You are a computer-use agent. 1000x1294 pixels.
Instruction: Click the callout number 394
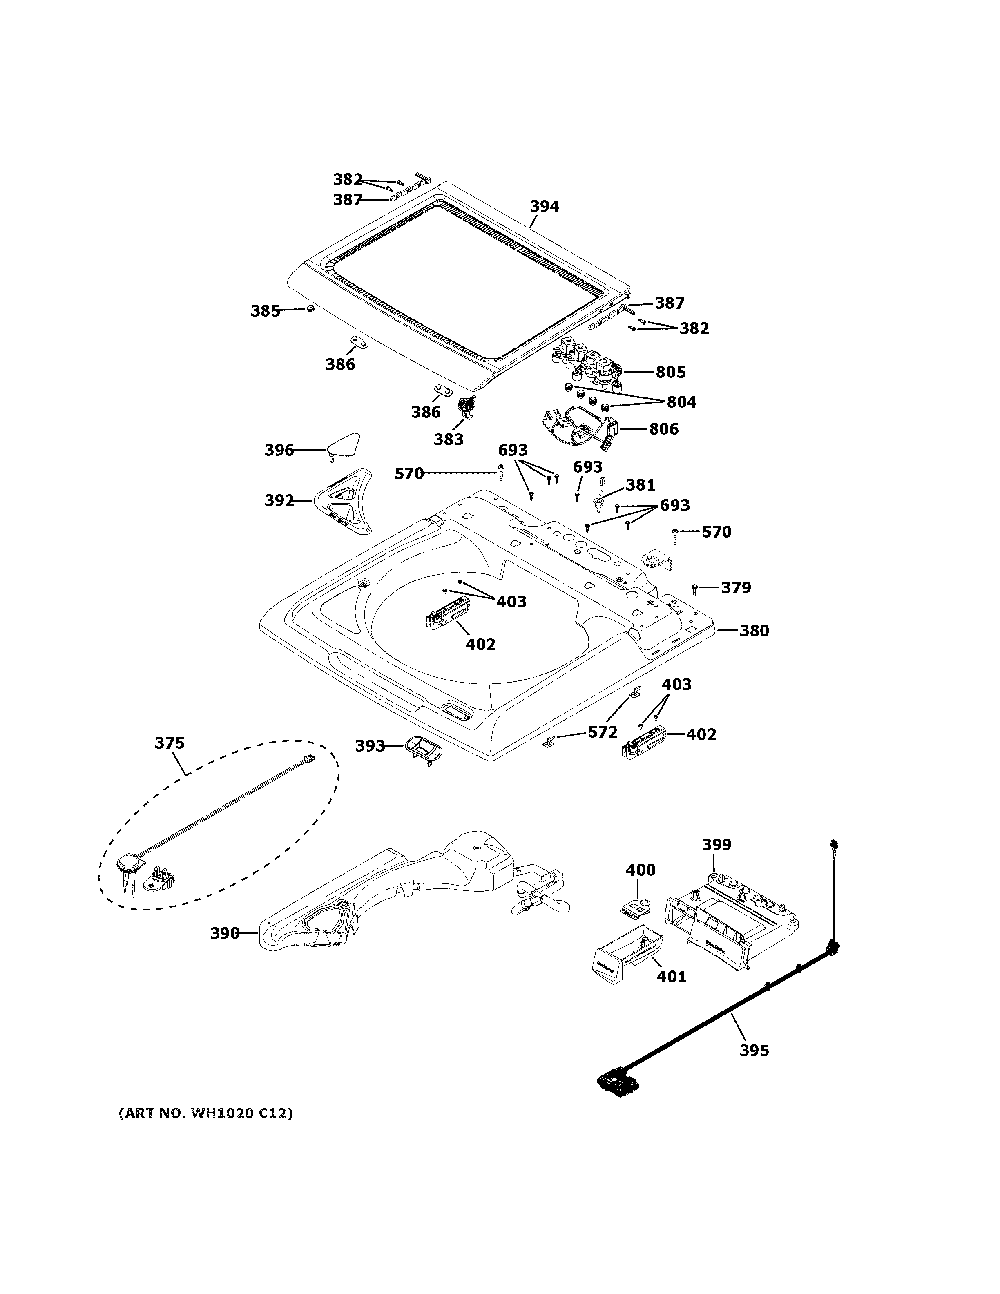pyautogui.click(x=544, y=206)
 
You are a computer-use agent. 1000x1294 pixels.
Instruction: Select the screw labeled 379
pyautogui.click(x=695, y=588)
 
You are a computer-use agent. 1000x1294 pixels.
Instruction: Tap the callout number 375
pyautogui.click(x=170, y=743)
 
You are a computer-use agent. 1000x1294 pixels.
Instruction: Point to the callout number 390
pyautogui.click(x=225, y=934)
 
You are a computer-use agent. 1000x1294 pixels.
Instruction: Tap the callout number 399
pyautogui.click(x=716, y=844)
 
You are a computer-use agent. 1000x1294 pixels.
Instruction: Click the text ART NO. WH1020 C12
pyautogui.click(x=205, y=1113)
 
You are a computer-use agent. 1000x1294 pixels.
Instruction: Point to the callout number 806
pyautogui.click(x=663, y=428)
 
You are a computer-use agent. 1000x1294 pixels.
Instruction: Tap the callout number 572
pyautogui.click(x=603, y=732)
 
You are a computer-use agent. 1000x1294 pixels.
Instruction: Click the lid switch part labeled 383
pyautogui.click(x=468, y=408)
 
